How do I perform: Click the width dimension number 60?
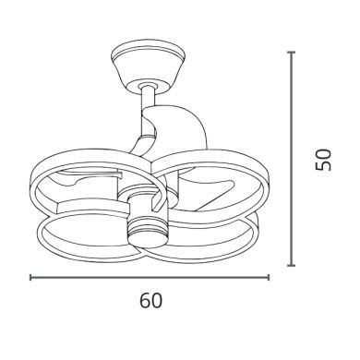150,301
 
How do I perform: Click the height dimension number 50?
323,160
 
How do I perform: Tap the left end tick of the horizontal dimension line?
30,277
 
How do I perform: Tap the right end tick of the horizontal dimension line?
269,277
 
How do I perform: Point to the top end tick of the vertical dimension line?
291,53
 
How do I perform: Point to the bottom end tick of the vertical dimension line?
291,265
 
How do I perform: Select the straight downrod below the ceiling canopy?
149,100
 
